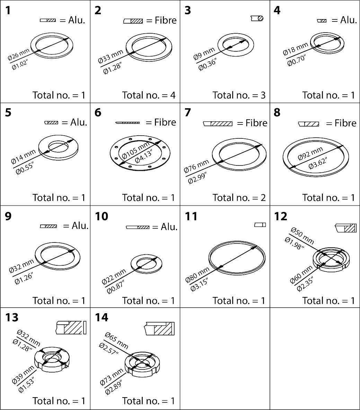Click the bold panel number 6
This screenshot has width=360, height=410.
(98, 113)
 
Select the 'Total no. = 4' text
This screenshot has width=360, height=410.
(149, 95)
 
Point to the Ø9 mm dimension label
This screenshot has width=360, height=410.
(204, 54)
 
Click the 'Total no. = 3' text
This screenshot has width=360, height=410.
(239, 95)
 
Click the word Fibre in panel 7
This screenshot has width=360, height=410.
(256, 123)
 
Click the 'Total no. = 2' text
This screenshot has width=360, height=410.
(239, 197)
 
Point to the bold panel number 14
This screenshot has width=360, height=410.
(102, 317)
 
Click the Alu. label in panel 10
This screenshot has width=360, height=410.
(169, 227)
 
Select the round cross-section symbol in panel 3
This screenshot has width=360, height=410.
(257, 18)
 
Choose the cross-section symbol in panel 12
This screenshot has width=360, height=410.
(345, 228)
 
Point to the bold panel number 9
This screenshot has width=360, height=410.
(8, 216)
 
